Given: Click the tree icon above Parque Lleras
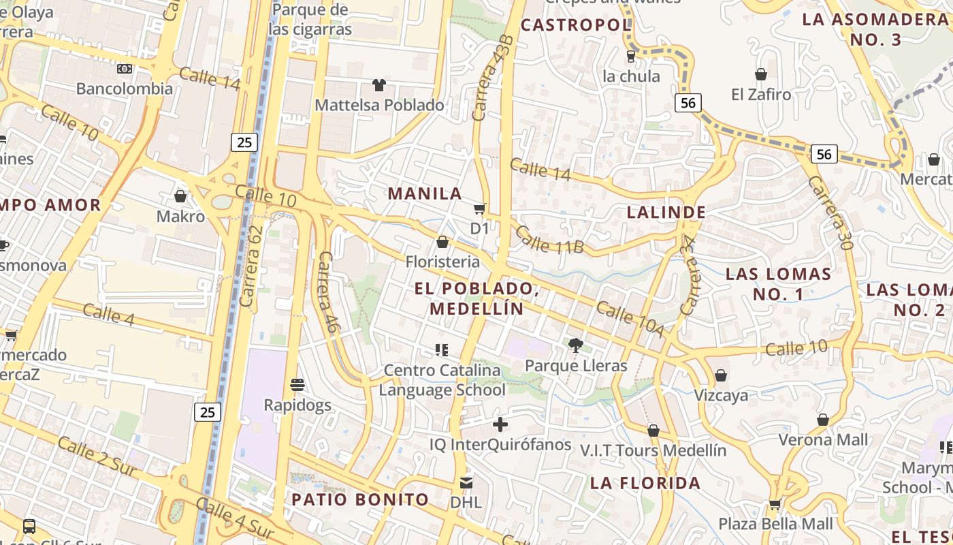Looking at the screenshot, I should click(x=576, y=345).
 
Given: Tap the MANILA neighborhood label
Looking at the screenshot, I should click(x=425, y=193).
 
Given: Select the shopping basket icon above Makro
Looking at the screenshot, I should click(x=180, y=196).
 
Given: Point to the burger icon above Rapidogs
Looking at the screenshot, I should click(x=297, y=385).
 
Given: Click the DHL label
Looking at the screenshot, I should click(x=466, y=503).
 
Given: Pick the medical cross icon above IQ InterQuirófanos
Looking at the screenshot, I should click(x=500, y=424).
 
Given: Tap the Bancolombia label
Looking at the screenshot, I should click(x=125, y=89).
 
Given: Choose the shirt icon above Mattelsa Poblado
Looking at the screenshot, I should click(x=379, y=85).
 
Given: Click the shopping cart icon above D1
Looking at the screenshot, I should click(x=480, y=208).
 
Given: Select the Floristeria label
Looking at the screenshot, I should click(x=442, y=262).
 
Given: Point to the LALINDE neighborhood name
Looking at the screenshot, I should click(x=666, y=212).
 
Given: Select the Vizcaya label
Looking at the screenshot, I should click(x=721, y=395).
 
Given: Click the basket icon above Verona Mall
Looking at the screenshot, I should click(x=823, y=420).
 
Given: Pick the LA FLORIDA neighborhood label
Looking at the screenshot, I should click(x=645, y=483).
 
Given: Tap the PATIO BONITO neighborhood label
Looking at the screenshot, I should click(x=360, y=499).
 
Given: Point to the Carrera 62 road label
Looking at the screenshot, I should click(x=251, y=266).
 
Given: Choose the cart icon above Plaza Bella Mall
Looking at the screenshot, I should click(x=775, y=505).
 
